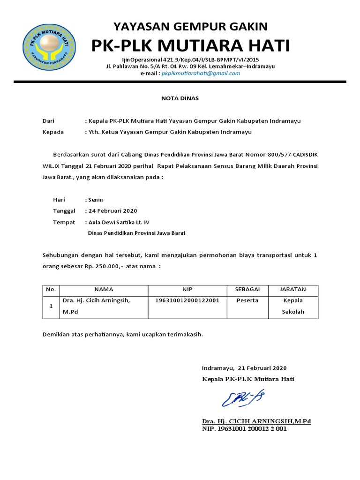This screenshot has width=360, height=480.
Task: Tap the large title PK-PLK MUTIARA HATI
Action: tap(190, 46)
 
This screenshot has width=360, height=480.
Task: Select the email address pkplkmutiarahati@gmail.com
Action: tap(201, 74)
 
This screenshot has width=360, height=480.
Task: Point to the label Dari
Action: tap(49, 121)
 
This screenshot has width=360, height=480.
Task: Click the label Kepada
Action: tap(53, 132)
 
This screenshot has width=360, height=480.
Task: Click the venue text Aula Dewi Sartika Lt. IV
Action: tap(119, 222)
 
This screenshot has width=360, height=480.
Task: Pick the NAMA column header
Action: tap(104, 290)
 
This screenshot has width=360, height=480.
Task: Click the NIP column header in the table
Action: tap(187, 290)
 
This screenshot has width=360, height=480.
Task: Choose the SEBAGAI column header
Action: tap(247, 290)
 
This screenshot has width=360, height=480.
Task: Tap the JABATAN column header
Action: tap(293, 290)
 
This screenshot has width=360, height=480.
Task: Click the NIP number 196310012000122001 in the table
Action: tap(187, 300)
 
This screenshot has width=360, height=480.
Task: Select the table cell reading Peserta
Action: tap(247, 300)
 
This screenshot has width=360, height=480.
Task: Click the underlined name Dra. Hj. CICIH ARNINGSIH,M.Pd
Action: tap(256, 421)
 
